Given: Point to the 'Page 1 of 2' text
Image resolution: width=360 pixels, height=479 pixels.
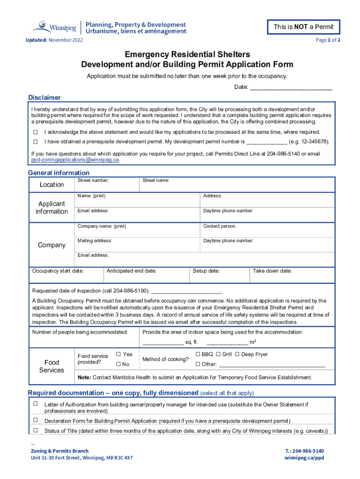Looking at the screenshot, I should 328,40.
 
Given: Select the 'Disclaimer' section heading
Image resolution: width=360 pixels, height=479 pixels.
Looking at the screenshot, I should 44,98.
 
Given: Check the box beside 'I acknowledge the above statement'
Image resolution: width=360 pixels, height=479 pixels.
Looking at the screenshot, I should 35,132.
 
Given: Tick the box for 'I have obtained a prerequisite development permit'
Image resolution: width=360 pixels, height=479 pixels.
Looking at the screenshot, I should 35,141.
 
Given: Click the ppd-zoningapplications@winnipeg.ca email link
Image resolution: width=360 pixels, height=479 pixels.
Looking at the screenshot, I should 75,160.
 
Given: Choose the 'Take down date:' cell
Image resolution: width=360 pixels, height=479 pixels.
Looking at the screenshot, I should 293,274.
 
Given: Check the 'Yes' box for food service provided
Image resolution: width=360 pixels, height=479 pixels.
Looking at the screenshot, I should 118,355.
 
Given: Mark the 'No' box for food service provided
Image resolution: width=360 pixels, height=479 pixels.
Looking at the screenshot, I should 118,364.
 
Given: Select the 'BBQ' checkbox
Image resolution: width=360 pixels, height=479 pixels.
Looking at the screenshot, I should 198,355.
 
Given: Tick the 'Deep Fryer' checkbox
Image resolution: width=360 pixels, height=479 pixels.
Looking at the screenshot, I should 237,355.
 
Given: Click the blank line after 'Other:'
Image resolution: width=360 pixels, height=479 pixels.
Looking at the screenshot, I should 272,364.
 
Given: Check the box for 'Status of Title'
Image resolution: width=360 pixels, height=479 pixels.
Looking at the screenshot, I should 35,430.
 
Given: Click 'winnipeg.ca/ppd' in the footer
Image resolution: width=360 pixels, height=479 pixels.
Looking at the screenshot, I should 304,458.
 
